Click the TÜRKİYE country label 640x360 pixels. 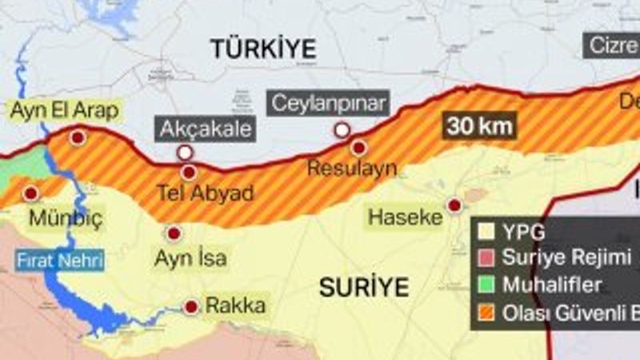point(263,48)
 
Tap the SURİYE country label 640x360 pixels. point(364,286)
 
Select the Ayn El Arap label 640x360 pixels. point(64,110)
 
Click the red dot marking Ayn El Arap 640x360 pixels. point(77,138)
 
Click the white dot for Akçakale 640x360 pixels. point(186,152)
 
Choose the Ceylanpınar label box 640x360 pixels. point(330,103)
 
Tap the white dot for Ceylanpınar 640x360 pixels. point(342,130)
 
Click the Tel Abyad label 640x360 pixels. point(205,194)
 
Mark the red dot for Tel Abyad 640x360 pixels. point(189,172)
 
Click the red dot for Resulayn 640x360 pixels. point(358,148)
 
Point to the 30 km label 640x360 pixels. point(480,126)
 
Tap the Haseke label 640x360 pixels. point(406,216)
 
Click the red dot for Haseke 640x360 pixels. point(454,206)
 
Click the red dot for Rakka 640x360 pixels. point(191,306)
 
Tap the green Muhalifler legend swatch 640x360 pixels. point(486,286)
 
